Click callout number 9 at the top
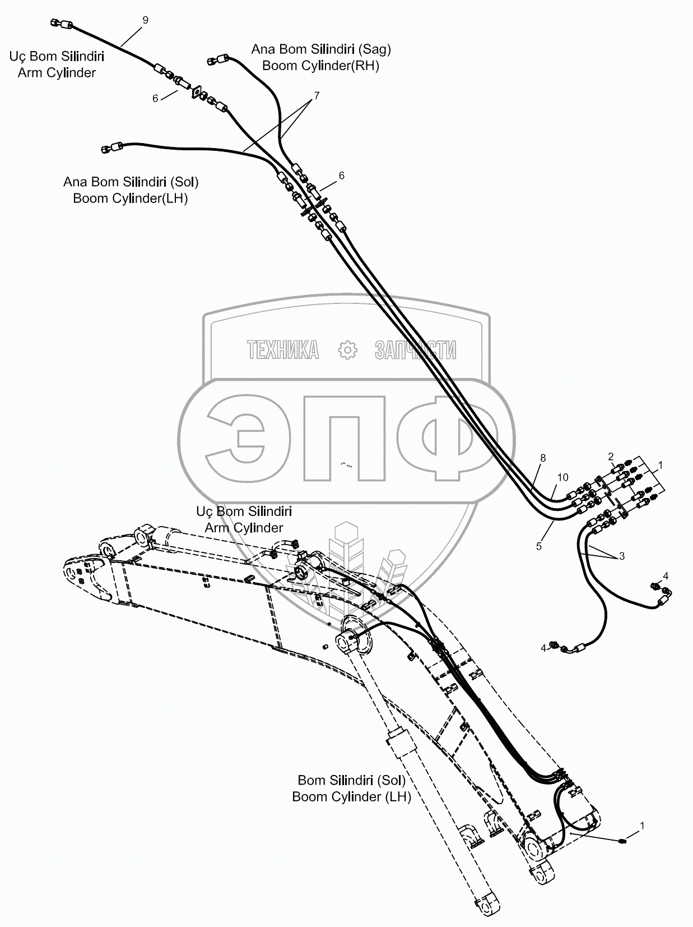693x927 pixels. click(146, 20)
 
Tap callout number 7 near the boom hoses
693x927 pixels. click(317, 96)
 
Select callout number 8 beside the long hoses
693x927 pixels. click(542, 458)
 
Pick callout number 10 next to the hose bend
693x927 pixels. click(562, 477)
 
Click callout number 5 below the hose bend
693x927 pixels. click(539, 546)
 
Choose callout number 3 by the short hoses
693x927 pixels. click(621, 556)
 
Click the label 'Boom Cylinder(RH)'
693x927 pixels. click(320, 66)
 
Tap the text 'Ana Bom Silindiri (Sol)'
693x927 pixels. click(131, 182)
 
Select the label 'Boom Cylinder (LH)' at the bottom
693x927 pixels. click(351, 797)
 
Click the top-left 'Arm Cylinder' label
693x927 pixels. click(57, 73)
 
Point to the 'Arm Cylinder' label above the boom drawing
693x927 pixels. click(244, 528)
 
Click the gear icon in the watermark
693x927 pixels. click(348, 350)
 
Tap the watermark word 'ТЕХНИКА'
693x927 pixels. click(283, 350)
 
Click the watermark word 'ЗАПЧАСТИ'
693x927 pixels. click(415, 350)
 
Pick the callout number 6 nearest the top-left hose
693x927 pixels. click(155, 99)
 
